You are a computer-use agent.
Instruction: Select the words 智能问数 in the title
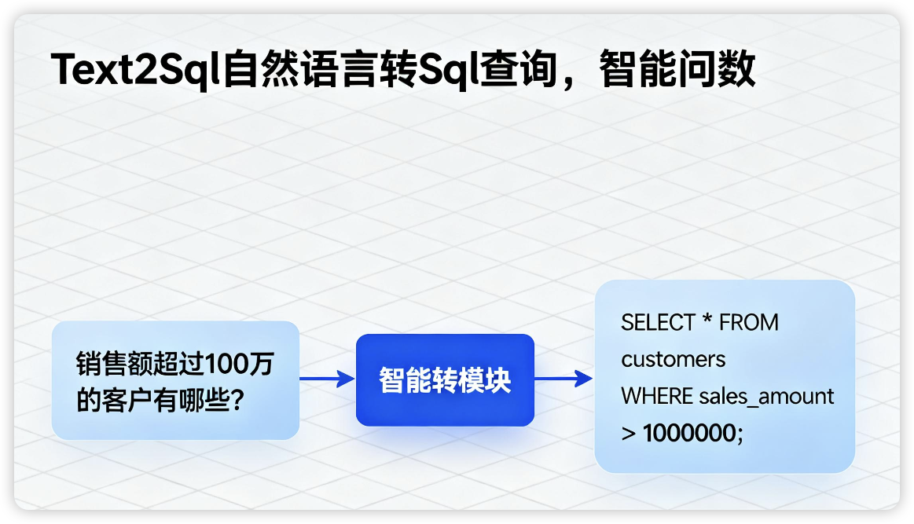click(x=677, y=71)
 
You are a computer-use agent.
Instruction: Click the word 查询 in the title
click(x=510, y=71)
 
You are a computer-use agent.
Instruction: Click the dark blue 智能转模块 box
click(x=445, y=380)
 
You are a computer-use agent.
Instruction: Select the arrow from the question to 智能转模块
click(x=327, y=380)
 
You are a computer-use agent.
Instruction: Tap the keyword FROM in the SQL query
click(x=749, y=323)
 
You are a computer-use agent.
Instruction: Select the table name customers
click(x=674, y=360)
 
